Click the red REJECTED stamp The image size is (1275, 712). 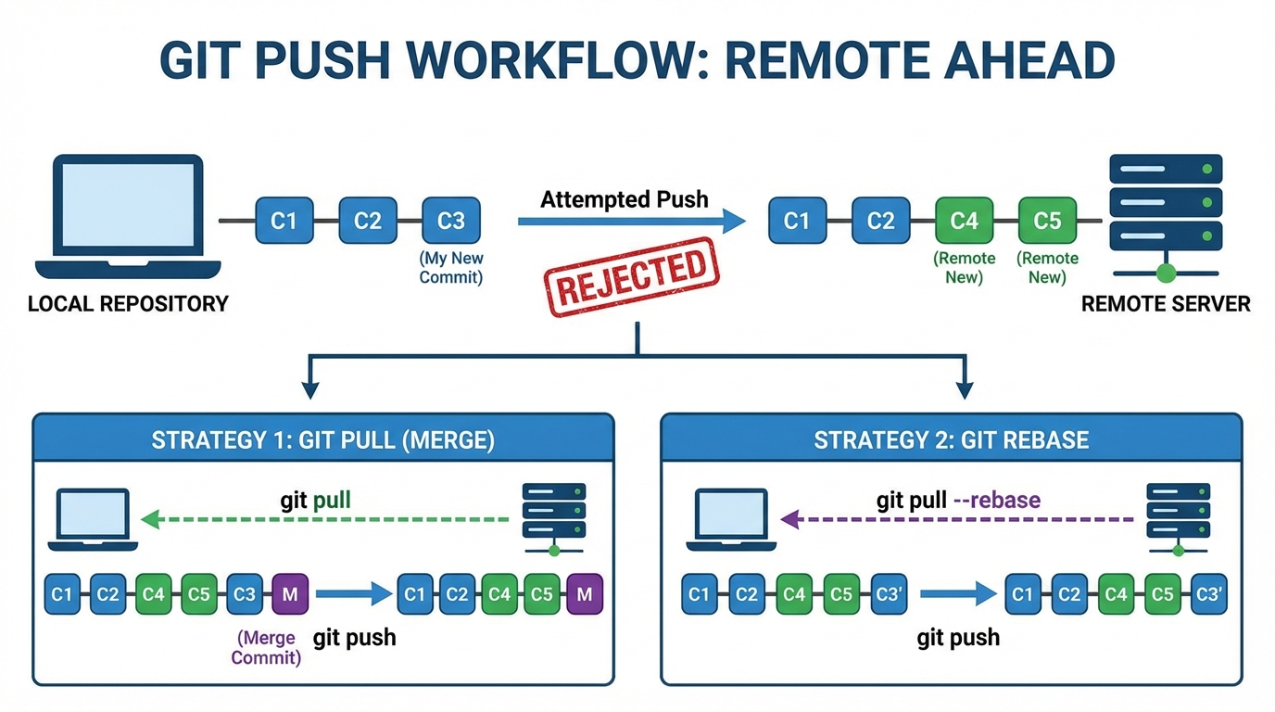(x=633, y=276)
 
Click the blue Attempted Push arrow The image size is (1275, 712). (x=630, y=221)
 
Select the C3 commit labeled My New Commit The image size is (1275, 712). (x=451, y=221)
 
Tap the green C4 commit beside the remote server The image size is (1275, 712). (x=964, y=221)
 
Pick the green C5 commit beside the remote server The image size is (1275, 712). (x=1047, y=221)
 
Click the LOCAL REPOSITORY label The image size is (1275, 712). (x=128, y=304)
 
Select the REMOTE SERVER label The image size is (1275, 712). (x=1166, y=304)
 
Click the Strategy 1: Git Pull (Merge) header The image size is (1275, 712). (x=323, y=439)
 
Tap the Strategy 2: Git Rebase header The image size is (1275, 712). (x=951, y=439)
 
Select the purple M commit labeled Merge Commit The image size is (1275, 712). (x=289, y=594)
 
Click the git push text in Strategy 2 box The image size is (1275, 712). (x=958, y=638)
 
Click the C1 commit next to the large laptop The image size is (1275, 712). (x=284, y=221)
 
